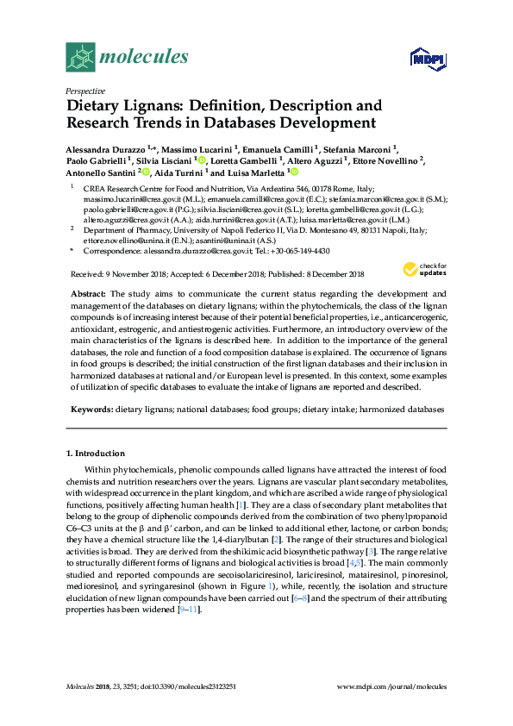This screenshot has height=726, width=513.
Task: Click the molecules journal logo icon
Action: pos(81,58)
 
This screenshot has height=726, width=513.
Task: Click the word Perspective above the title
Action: pos(85,91)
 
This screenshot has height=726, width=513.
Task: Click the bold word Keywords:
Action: pos(90,410)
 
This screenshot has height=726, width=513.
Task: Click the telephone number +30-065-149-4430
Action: pos(302,250)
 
